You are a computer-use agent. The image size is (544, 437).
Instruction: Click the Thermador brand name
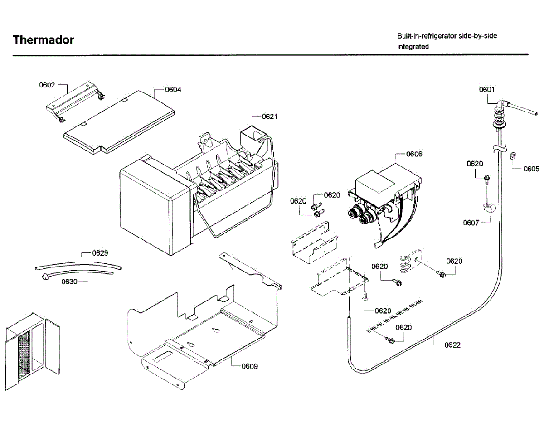click(x=43, y=40)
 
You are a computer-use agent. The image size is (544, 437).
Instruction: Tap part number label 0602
click(x=47, y=85)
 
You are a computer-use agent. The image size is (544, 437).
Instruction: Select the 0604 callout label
click(x=173, y=89)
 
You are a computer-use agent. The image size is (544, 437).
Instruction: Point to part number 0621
click(x=269, y=117)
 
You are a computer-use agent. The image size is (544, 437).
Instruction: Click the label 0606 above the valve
click(x=414, y=154)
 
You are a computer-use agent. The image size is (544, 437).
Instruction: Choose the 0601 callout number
click(x=486, y=89)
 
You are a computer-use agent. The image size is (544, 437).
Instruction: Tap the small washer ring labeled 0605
click(x=513, y=155)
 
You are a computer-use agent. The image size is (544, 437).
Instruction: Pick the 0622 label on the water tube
click(x=452, y=345)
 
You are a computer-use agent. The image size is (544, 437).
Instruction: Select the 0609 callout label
click(x=250, y=366)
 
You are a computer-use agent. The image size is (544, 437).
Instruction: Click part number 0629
click(x=100, y=253)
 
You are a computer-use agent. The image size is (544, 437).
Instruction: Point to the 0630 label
click(x=69, y=282)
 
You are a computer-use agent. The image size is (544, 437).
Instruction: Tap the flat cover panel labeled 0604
click(x=119, y=122)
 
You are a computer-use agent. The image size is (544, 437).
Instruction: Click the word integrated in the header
click(x=413, y=47)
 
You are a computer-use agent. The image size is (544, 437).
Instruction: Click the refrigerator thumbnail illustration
click(x=32, y=351)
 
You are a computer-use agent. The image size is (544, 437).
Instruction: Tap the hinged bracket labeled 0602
click(x=76, y=102)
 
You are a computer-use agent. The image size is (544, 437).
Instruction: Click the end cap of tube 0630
click(x=45, y=277)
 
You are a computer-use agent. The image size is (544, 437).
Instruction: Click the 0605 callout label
click(x=531, y=169)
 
